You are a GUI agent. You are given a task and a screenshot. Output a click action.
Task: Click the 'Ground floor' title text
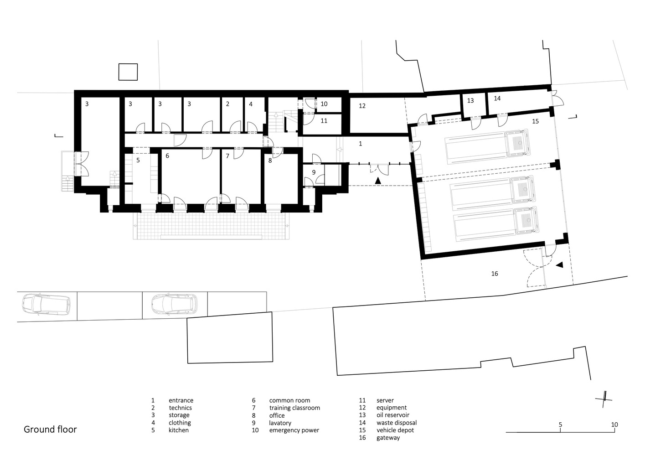tap(50, 429)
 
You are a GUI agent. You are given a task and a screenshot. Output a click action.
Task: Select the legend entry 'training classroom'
tap(294, 408)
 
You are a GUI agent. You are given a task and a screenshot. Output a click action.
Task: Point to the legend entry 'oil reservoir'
tap(392, 415)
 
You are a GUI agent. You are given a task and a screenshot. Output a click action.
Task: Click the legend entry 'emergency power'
tap(294, 430)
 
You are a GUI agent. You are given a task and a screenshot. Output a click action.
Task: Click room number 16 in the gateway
tap(495, 274)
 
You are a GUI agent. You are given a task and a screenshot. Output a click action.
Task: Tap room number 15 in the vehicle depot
tap(536, 121)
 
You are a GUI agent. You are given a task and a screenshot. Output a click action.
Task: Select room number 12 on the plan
tap(362, 106)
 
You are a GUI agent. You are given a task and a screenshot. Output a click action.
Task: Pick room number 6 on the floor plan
tap(167, 156)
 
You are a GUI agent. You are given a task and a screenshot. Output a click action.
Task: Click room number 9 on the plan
tap(314, 172)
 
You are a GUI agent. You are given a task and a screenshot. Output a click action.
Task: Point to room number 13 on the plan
tap(470, 100)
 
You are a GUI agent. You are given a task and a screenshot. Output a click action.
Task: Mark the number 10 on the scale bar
tap(614, 425)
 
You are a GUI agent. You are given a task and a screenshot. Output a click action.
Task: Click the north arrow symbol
tap(604, 398)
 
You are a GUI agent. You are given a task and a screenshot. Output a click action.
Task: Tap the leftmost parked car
tap(46, 304)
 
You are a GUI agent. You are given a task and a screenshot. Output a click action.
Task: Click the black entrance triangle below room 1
tap(377, 181)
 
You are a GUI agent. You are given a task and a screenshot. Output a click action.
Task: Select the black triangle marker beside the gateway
tap(559, 264)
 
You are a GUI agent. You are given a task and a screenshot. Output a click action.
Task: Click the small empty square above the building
tap(128, 72)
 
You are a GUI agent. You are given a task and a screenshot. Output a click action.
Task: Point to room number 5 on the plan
tap(138, 160)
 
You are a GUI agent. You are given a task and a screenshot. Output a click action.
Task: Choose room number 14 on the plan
tap(497, 98)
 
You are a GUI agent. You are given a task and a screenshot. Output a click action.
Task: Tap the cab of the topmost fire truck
tap(517, 145)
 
